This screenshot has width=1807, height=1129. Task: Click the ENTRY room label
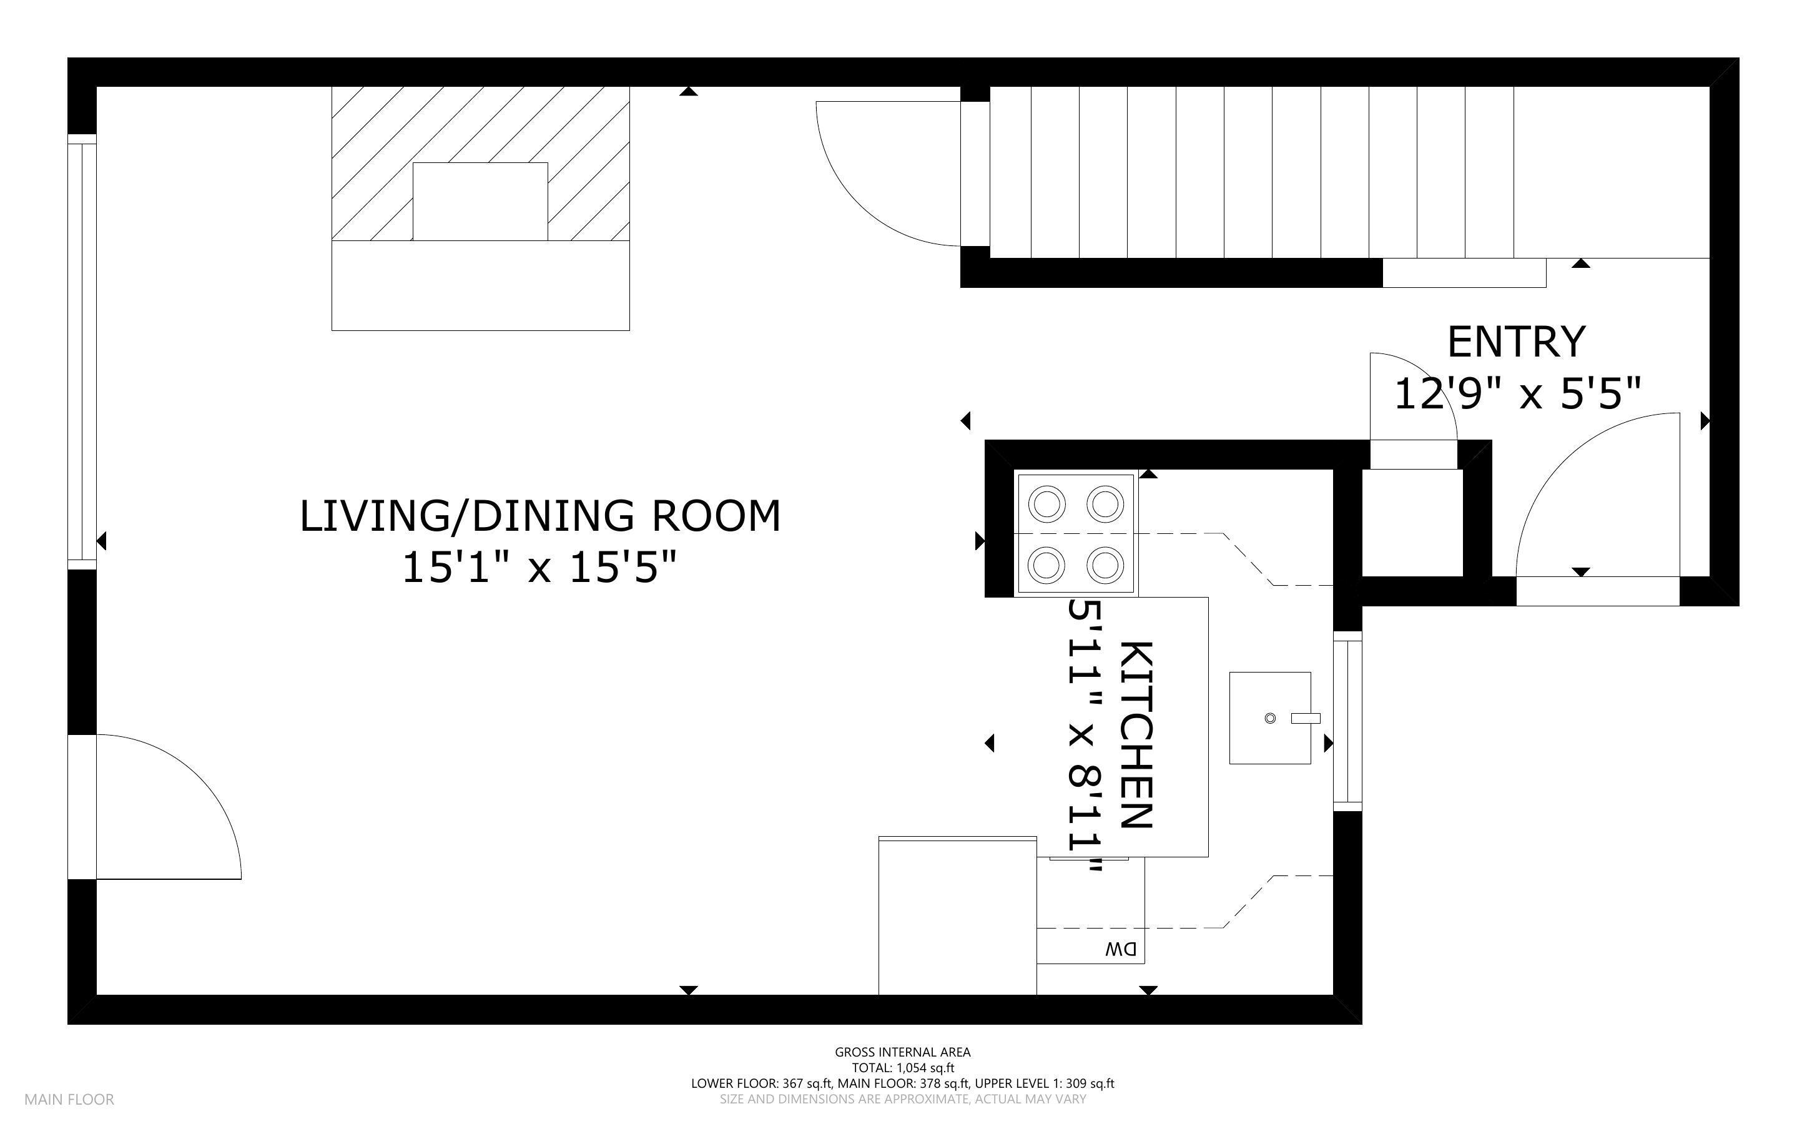tap(1516, 342)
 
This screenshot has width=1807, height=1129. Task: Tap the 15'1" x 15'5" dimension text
tap(539, 568)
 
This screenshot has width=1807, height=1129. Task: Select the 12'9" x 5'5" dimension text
tap(1517, 393)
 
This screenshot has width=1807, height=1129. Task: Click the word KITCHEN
tap(1137, 736)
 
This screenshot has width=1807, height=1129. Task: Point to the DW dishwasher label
tap(1121, 949)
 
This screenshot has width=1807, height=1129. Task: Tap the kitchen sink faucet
tap(1306, 718)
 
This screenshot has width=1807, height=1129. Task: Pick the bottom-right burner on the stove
tap(1105, 565)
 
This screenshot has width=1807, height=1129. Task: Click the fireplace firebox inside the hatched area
tap(480, 202)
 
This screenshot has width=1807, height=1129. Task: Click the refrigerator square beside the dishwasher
tap(958, 916)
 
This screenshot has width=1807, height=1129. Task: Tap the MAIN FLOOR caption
tap(69, 1100)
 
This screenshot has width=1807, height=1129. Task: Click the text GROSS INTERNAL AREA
tap(902, 1052)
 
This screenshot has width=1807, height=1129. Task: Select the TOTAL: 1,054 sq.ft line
tap(903, 1068)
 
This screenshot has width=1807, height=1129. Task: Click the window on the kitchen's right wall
tap(1348, 721)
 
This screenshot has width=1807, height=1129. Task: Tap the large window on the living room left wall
tap(82, 352)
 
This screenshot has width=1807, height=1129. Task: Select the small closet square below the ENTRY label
tap(1412, 523)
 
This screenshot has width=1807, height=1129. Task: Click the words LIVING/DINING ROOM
tap(540, 516)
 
